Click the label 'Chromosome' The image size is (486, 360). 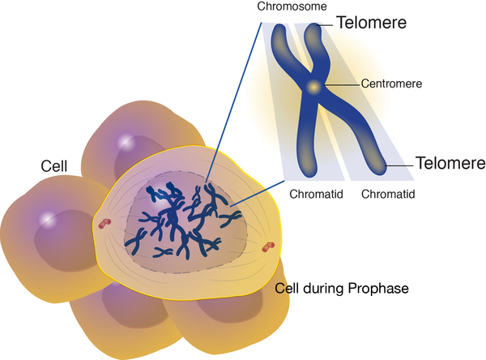point(292,6)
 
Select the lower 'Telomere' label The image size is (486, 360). point(449,163)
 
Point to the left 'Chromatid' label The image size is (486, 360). point(313,195)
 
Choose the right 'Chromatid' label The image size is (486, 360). point(387,195)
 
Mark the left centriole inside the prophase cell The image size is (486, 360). point(104,223)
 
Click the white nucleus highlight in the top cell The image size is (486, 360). point(125,143)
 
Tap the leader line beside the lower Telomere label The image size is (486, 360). point(400,165)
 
